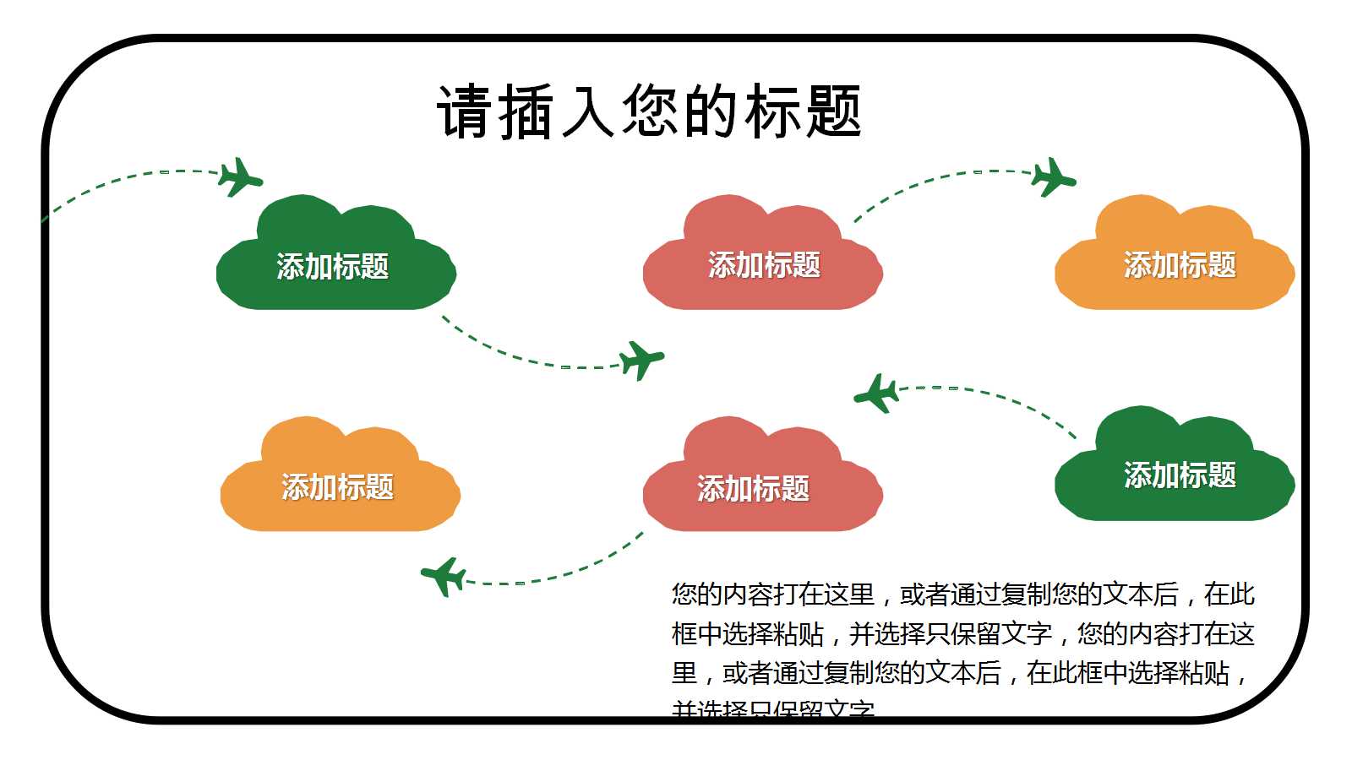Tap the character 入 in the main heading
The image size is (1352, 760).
pos(587,112)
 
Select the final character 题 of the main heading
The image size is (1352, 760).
pos(832,112)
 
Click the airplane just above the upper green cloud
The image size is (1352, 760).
pos(240,177)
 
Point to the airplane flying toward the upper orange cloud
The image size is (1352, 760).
pos(1053,177)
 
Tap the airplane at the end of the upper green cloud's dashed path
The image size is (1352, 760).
pos(641,361)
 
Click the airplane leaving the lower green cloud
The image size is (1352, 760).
pos(876,394)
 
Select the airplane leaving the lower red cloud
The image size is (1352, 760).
pos(444,577)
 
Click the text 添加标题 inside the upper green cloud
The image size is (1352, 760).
pos(333,267)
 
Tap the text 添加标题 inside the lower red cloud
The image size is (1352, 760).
pos(753,488)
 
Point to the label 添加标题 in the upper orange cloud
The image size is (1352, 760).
pos(1180,265)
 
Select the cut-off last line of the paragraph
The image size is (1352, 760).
pos(773,709)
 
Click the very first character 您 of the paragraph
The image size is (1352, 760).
pos(684,594)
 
